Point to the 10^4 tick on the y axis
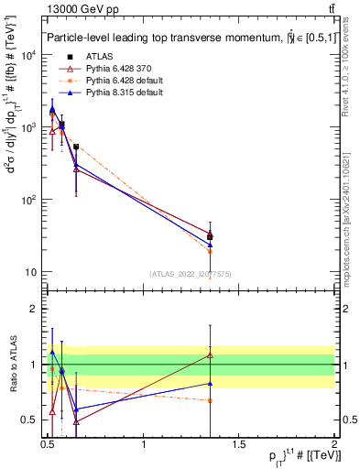point(28,55)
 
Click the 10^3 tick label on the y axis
point(28,127)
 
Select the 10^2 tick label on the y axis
point(28,200)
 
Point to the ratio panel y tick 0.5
point(30,420)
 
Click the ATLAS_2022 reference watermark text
point(191,273)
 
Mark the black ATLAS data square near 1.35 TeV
point(211,237)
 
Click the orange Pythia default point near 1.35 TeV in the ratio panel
point(211,400)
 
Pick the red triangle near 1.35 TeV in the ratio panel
point(211,354)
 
